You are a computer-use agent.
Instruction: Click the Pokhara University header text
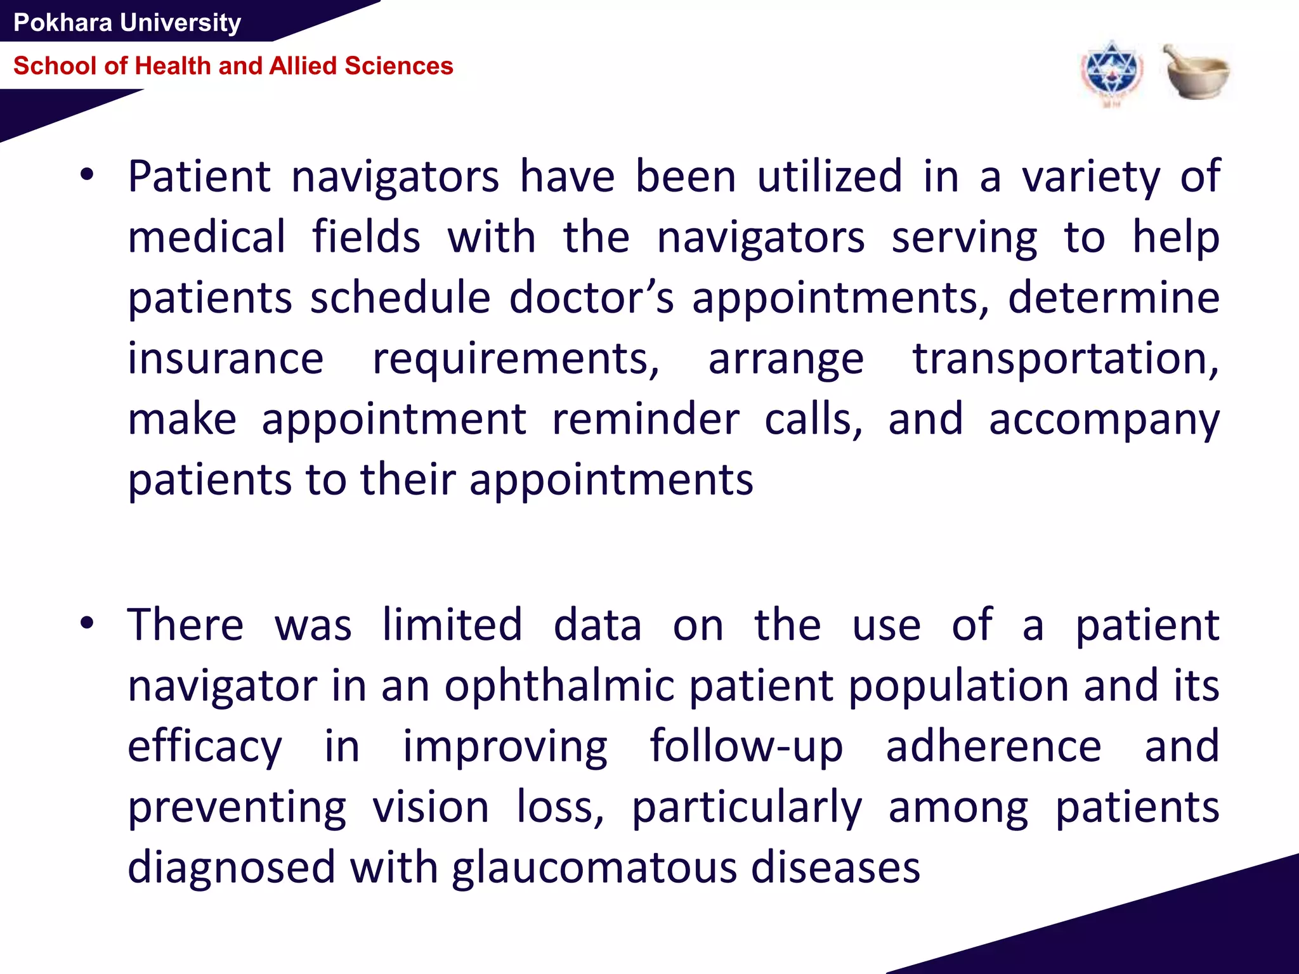(127, 23)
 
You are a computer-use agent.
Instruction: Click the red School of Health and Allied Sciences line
(233, 66)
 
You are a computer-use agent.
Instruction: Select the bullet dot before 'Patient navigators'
(87, 176)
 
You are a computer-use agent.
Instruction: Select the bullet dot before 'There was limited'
(87, 624)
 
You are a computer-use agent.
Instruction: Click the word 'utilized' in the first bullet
(830, 176)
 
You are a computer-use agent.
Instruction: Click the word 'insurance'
(226, 359)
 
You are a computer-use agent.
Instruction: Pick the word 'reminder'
(645, 419)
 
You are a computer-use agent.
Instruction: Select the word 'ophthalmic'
(559, 687)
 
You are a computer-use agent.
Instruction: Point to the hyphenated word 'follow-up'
(747, 747)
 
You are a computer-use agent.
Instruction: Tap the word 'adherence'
(993, 747)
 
